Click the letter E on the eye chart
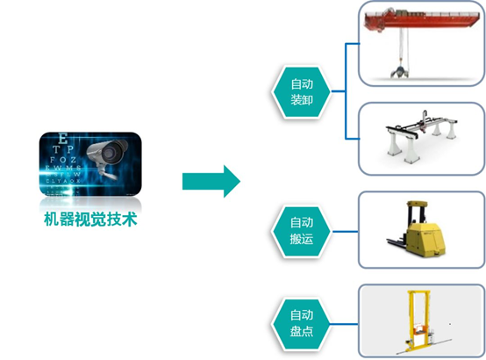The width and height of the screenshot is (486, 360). click(61, 138)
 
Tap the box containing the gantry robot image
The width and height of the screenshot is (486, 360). click(420, 139)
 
